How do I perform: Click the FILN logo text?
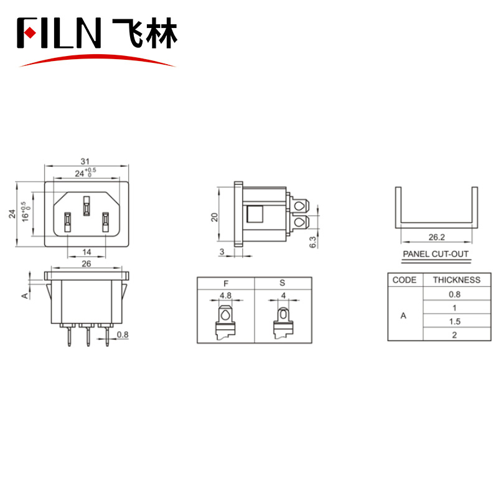tap(59, 33)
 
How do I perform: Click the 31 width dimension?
tap(85, 161)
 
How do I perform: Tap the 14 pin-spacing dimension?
tap(87, 252)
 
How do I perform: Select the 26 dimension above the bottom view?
tap(86, 264)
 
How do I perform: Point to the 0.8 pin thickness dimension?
tap(123, 334)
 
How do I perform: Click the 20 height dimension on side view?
tap(214, 217)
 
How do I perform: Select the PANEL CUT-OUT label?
tap(435, 254)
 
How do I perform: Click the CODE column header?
tap(405, 280)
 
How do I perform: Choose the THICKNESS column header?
tap(456, 280)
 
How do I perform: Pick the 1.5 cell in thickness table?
tap(455, 321)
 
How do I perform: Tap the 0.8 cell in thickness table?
tap(455, 294)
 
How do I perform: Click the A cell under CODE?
tap(403, 316)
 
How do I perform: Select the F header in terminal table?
tap(225, 283)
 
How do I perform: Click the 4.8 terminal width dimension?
tap(226, 295)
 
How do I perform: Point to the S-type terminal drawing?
tap(283, 321)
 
